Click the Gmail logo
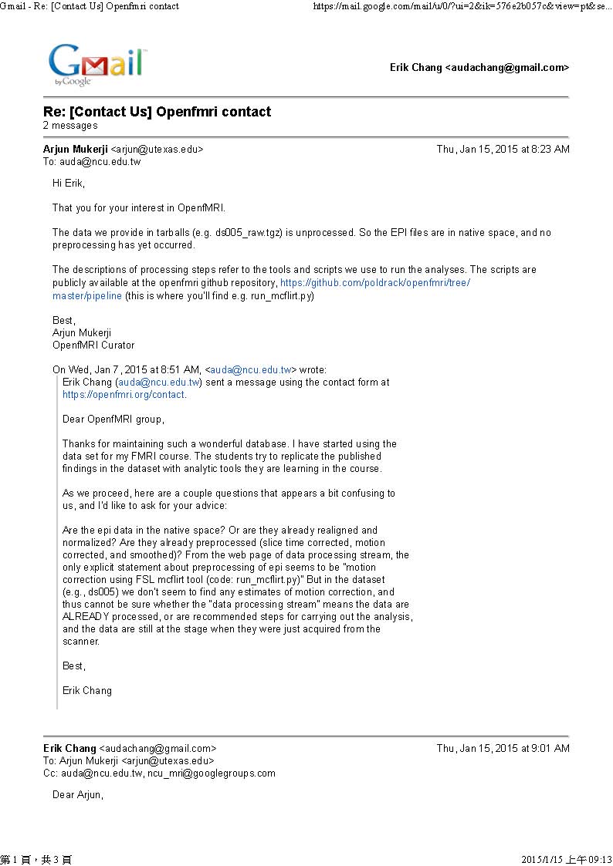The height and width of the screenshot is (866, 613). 96,64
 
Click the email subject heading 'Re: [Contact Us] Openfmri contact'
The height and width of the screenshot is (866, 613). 157,112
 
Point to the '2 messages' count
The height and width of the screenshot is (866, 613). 70,126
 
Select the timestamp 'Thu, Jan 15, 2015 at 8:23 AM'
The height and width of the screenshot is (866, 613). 503,150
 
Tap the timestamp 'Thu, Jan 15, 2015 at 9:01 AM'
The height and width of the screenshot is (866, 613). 503,748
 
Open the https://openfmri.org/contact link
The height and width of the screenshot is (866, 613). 124,395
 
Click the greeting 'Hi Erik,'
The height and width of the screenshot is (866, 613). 69,184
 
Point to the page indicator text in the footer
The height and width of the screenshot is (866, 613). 36,860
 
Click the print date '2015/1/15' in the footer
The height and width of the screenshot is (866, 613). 543,860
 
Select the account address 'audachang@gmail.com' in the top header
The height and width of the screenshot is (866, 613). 506,68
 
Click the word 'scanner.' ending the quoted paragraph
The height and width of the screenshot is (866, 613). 81,642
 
